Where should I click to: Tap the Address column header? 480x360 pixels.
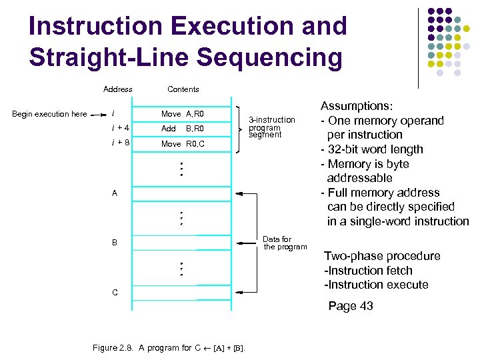[117, 89]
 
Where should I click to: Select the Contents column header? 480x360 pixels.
[183, 89]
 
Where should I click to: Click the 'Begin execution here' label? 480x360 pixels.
[49, 114]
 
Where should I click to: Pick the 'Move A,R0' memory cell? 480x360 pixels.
[182, 114]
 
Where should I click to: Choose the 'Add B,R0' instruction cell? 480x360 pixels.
[182, 129]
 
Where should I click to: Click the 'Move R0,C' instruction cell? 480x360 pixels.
[182, 143]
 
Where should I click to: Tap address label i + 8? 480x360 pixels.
[120, 143]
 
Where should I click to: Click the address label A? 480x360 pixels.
[115, 194]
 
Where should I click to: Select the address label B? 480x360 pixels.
[115, 243]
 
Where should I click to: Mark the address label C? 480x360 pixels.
[115, 293]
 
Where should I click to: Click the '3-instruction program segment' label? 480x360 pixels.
[271, 127]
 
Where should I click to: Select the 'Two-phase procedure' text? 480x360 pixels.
[382, 256]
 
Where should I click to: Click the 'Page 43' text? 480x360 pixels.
[351, 306]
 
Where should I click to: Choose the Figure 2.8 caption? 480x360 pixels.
[168, 348]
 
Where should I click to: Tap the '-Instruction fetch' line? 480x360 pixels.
[368, 271]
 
